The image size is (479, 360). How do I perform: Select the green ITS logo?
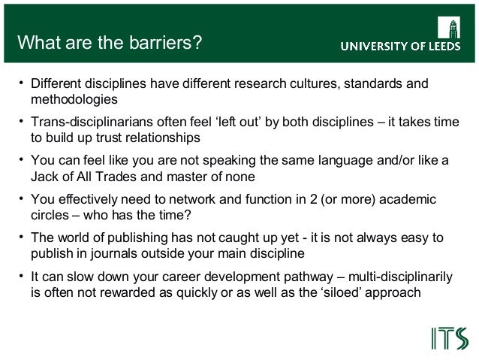[449, 338]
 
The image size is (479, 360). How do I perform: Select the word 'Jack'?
[44, 177]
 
